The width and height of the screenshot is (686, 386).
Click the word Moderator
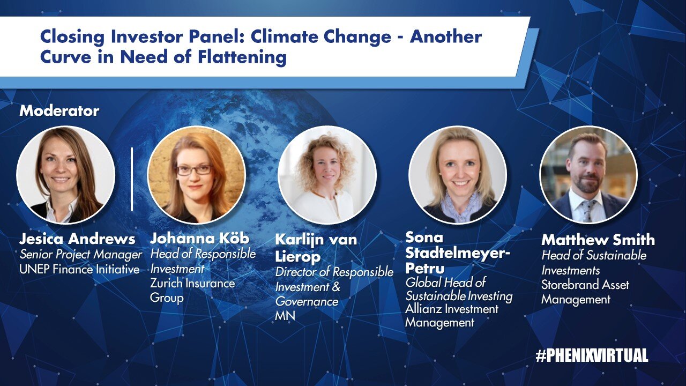pyautogui.click(x=59, y=111)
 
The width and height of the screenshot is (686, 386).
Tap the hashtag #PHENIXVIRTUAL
pyautogui.click(x=592, y=355)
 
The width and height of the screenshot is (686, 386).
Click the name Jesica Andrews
pyautogui.click(x=77, y=239)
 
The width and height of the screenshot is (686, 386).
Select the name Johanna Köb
pyautogui.click(x=200, y=239)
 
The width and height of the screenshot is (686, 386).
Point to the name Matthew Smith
pyautogui.click(x=598, y=240)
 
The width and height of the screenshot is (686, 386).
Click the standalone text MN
pyautogui.click(x=285, y=316)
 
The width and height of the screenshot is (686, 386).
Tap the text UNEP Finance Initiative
pyautogui.click(x=79, y=270)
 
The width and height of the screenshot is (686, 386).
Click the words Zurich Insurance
pyautogui.click(x=192, y=284)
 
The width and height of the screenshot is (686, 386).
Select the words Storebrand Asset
pyautogui.click(x=585, y=285)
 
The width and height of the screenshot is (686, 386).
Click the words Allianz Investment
pyautogui.click(x=452, y=309)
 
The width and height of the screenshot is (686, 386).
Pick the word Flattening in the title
pyautogui.click(x=242, y=57)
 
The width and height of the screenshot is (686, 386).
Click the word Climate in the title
pyautogui.click(x=285, y=37)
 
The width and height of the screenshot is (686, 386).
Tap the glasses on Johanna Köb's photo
pyautogui.click(x=194, y=170)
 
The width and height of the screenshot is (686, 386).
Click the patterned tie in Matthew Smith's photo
pyautogui.click(x=588, y=210)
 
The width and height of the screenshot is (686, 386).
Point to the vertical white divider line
pyautogui.click(x=132, y=179)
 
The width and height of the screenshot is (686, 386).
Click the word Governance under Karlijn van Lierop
pyautogui.click(x=307, y=302)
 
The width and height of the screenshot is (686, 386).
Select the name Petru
pyautogui.click(x=425, y=268)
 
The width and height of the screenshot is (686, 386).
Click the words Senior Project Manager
pyautogui.click(x=81, y=255)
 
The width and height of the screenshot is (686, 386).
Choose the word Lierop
pyautogui.click(x=297, y=256)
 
